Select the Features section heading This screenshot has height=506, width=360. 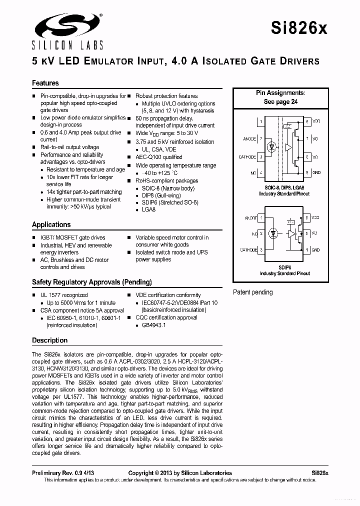(x=45, y=83)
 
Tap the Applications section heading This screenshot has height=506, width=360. (x=51, y=224)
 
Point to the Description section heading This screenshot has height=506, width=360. (x=49, y=340)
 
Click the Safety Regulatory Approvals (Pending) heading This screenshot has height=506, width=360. (x=91, y=282)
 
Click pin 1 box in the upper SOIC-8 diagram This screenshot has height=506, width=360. (x=260, y=121)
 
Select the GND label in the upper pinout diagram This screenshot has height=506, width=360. (x=316, y=172)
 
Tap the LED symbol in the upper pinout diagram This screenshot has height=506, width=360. (x=271, y=147)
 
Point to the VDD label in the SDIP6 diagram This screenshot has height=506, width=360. (x=315, y=218)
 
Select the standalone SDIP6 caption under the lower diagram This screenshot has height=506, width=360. (x=284, y=267)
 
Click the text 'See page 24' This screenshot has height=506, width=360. (x=280, y=101)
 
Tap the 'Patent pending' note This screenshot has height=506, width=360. (x=253, y=292)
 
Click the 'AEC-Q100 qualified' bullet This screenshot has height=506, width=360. (x=159, y=156)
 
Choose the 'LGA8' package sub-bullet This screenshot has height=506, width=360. (x=149, y=210)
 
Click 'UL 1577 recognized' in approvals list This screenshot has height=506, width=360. (x=63, y=295)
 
